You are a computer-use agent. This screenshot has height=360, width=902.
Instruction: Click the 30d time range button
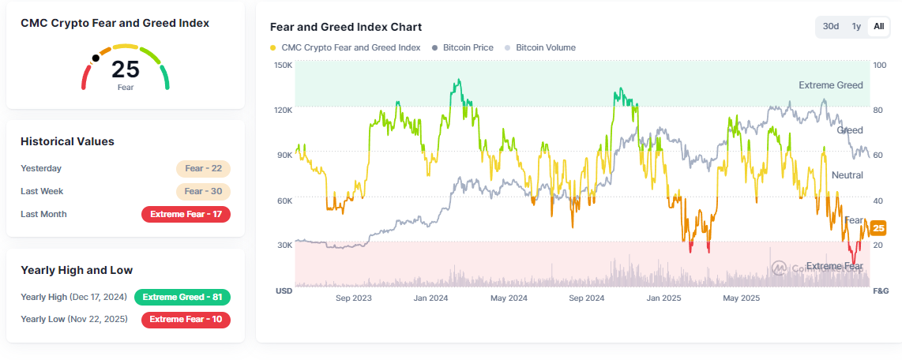[x=831, y=26]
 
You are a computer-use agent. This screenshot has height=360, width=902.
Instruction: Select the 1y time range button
[x=856, y=26]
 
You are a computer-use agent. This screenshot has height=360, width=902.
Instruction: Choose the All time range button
[x=878, y=26]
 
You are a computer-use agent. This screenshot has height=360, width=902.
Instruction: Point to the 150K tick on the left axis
[x=284, y=65]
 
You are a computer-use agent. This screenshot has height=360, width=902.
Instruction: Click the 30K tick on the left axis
[x=284, y=246]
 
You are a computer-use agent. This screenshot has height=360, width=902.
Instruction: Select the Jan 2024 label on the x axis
[x=430, y=298]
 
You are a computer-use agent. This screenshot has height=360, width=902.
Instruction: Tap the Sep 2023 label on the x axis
[x=353, y=298]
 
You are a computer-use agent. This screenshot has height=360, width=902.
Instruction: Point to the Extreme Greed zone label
[x=830, y=84]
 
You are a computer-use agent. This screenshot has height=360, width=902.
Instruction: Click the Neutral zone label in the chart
[x=847, y=174]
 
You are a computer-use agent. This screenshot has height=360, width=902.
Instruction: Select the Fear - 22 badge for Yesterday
[x=203, y=168]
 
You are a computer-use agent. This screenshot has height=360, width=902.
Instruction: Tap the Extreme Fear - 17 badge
[x=186, y=214]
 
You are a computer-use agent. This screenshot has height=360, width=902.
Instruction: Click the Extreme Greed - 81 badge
[x=182, y=297]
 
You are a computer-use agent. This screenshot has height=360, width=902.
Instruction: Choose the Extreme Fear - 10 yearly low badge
[x=186, y=320]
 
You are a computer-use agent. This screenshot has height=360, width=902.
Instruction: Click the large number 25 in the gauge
[x=126, y=69]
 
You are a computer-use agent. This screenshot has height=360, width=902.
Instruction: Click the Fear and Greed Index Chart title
[x=346, y=27]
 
